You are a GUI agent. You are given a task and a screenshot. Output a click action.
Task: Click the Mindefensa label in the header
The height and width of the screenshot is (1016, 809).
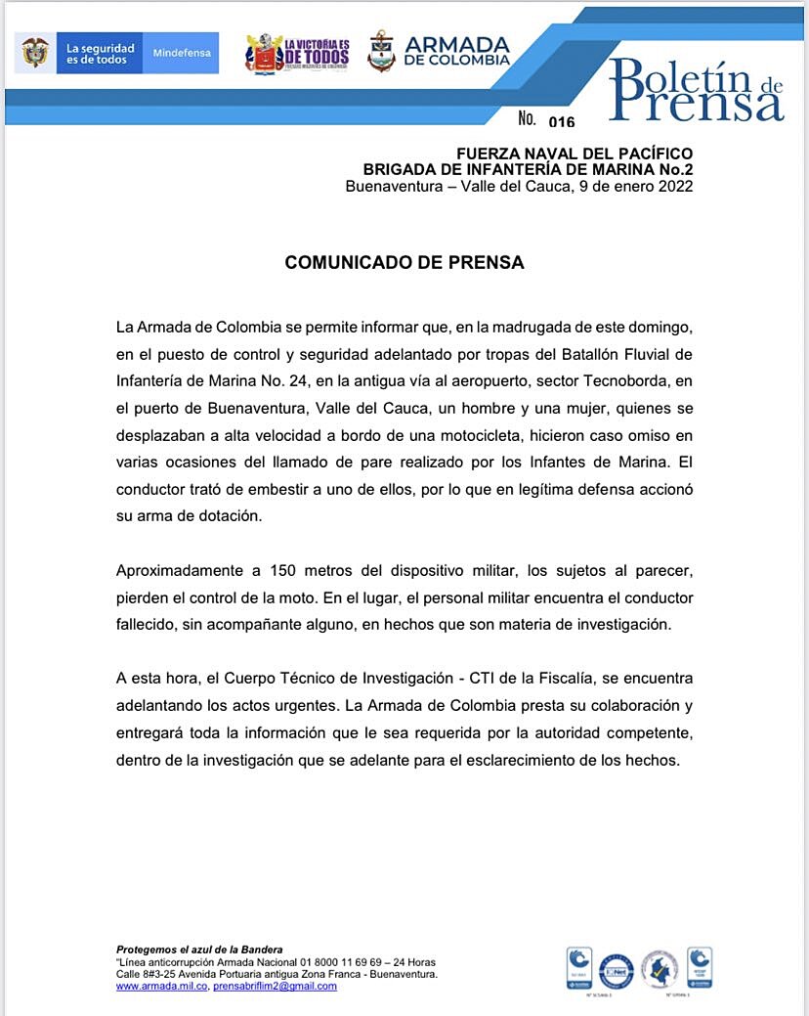[183, 53]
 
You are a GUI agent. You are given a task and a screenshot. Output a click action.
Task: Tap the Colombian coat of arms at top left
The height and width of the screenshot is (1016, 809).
[35, 53]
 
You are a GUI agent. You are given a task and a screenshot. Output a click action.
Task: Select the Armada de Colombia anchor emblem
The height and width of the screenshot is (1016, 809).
[381, 52]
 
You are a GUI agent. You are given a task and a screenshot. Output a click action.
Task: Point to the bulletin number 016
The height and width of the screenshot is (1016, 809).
[562, 122]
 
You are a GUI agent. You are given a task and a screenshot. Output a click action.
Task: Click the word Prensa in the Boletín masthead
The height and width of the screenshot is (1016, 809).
[699, 103]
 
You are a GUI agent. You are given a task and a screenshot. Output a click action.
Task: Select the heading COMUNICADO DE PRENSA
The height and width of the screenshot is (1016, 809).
[404, 263]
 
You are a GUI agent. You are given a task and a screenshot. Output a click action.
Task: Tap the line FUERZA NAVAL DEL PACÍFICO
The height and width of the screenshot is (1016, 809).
[575, 154]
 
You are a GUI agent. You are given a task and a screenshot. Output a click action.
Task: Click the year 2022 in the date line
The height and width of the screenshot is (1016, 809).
[675, 186]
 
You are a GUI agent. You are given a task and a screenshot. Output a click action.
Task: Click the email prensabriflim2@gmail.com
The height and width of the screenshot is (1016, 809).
[275, 986]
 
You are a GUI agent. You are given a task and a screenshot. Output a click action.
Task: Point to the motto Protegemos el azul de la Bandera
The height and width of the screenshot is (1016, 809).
[199, 950]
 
